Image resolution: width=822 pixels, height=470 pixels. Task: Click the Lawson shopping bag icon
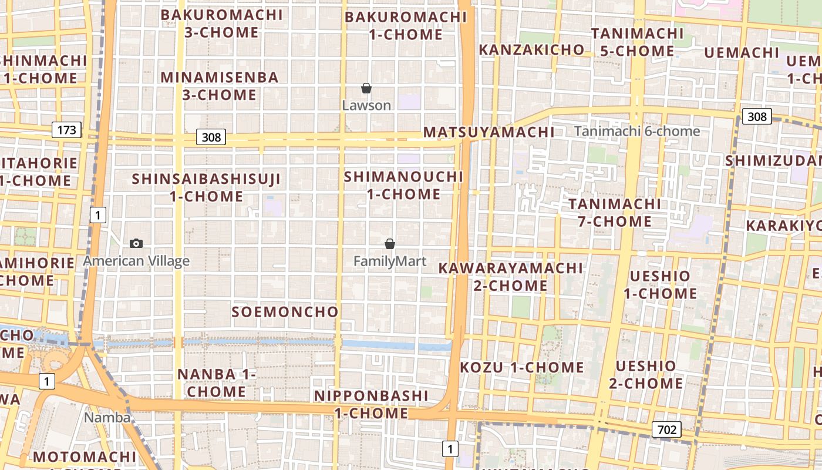[366, 89]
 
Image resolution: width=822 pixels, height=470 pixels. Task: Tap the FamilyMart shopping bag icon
[389, 244]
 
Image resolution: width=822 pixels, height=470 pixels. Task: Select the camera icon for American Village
[136, 243]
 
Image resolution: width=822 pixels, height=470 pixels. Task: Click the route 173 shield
[66, 130]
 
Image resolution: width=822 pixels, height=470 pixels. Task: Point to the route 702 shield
[666, 429]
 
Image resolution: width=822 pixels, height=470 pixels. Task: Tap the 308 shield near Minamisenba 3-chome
[211, 137]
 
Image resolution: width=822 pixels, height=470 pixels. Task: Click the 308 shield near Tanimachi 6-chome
[756, 116]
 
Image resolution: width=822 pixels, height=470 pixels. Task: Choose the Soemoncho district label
[285, 312]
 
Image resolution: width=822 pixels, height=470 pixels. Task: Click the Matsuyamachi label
[489, 132]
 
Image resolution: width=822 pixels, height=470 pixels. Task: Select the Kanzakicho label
[531, 50]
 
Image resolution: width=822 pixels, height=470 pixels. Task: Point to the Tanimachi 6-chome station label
[637, 131]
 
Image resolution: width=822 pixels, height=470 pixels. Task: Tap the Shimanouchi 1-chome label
[404, 185]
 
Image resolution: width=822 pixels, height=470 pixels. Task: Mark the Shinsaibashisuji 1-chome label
[207, 187]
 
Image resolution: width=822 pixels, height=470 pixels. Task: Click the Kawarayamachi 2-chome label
[511, 277]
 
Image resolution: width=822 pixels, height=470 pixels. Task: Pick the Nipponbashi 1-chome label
[371, 404]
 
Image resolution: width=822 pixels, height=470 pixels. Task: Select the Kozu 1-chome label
[521, 368]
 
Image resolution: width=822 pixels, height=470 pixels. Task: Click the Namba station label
[107, 418]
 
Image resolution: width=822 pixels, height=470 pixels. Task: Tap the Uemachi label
[742, 53]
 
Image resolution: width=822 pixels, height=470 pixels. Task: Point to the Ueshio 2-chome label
[646, 375]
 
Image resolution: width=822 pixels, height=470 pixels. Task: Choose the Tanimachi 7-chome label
[615, 213]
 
